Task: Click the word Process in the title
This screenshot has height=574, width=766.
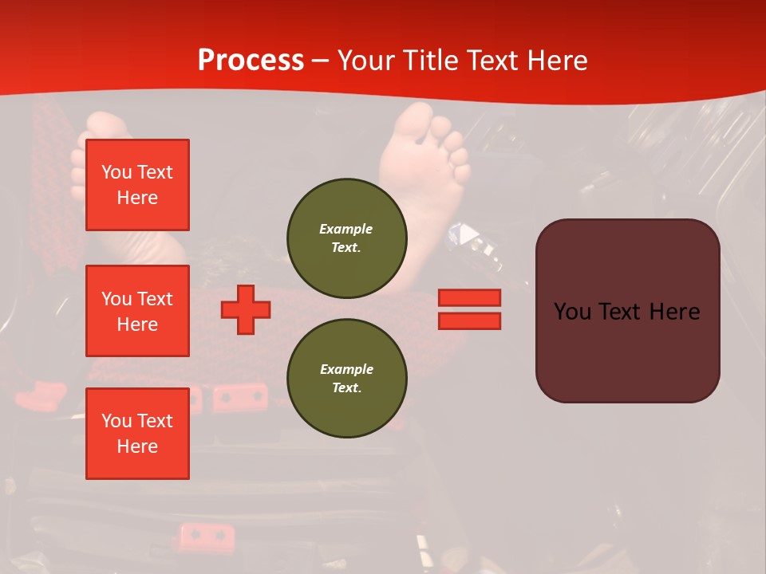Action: click(251, 61)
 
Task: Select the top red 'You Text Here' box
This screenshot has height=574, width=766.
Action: click(137, 185)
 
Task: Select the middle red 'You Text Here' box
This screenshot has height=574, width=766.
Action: click(137, 311)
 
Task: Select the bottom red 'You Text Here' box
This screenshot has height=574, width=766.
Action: click(137, 434)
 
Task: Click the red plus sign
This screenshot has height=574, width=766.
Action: click(246, 309)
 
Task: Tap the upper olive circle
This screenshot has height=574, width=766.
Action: click(347, 238)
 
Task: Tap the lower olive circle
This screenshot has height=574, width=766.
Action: click(347, 379)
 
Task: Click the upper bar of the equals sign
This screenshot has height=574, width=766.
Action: click(470, 298)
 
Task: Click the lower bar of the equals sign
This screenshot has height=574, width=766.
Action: click(470, 320)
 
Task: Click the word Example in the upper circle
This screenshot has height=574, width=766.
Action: click(346, 229)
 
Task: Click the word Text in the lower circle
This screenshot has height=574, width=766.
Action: click(346, 388)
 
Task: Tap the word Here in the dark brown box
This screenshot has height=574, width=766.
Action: click(674, 312)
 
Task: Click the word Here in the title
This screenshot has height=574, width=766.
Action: click(555, 61)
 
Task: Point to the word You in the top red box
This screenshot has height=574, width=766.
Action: click(116, 172)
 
